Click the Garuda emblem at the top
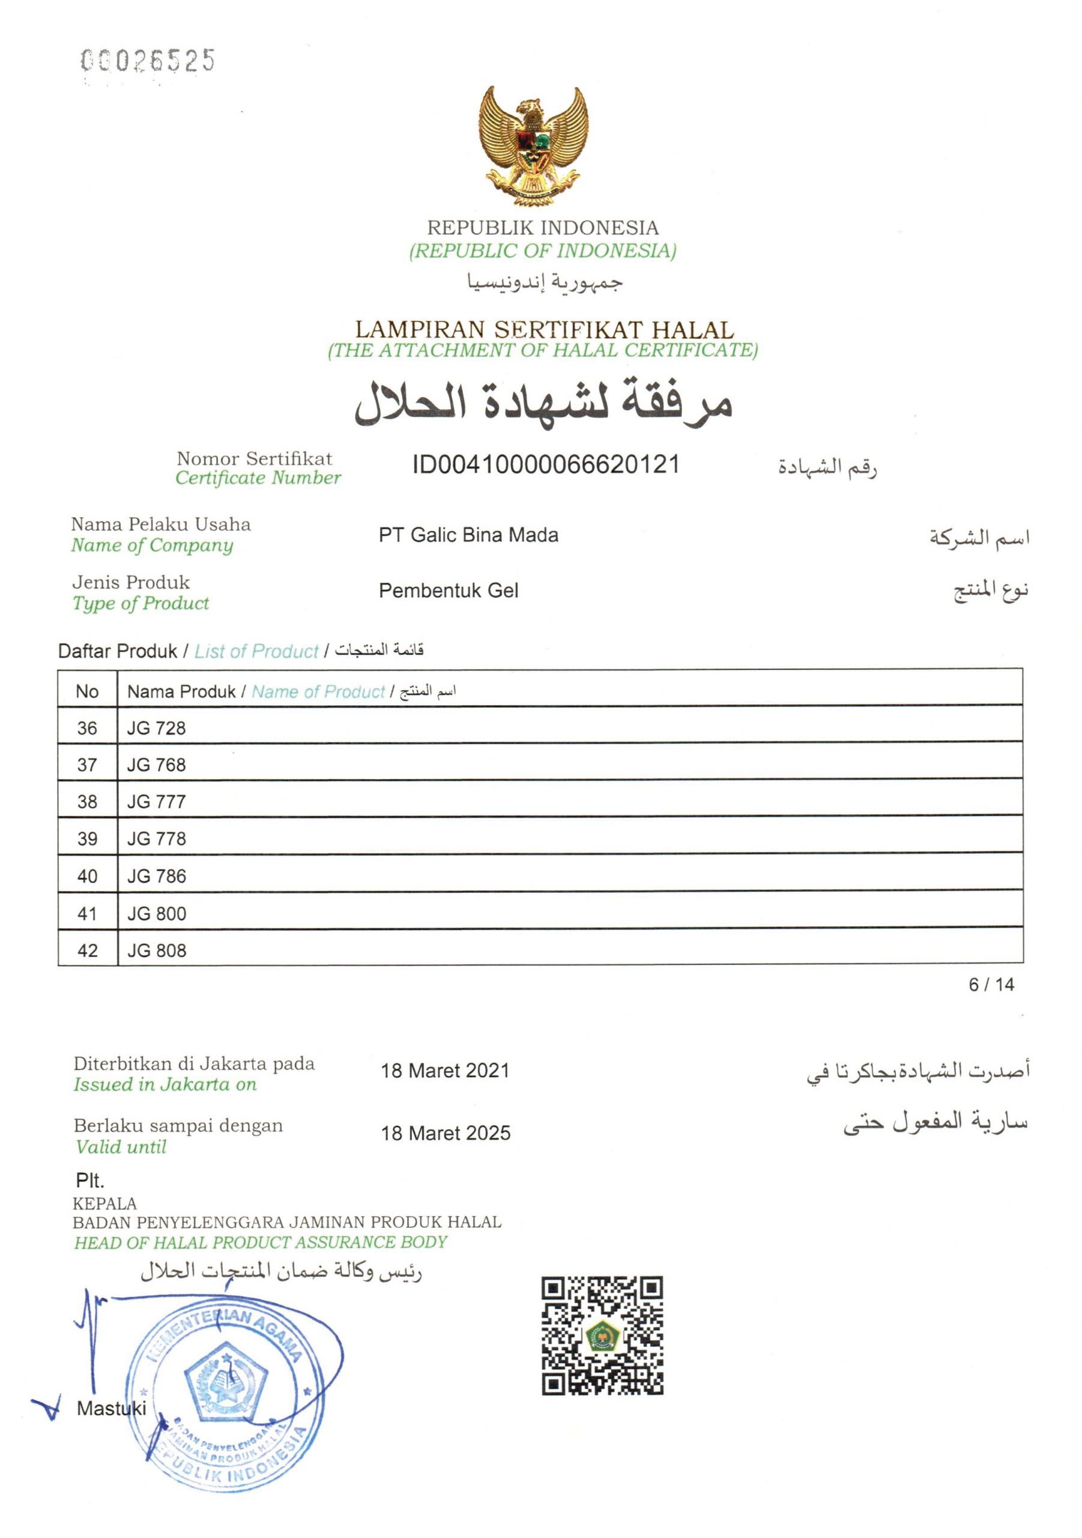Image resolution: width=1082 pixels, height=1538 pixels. click(x=533, y=145)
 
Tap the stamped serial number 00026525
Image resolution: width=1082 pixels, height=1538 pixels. click(x=147, y=61)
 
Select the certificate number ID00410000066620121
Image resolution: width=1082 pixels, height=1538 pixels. click(x=546, y=464)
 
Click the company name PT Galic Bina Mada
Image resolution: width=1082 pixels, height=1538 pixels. click(x=468, y=535)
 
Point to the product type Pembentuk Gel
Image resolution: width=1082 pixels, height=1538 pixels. click(x=449, y=591)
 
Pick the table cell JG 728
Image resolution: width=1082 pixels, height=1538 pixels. click(x=157, y=728)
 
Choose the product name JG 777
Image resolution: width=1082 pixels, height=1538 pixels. click(x=157, y=802)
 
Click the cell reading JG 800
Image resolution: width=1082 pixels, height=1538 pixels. click(x=157, y=914)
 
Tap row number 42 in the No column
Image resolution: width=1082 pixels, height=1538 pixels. click(x=88, y=950)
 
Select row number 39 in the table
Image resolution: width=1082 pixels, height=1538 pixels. click(x=88, y=839)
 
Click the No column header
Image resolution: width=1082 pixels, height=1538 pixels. click(x=87, y=691)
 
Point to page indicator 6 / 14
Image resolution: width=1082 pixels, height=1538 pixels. click(x=991, y=985)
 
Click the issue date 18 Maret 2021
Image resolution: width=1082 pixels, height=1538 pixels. click(x=446, y=1071)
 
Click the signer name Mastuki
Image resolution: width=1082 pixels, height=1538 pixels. click(x=111, y=1409)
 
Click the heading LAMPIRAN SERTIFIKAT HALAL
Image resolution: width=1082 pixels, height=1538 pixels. click(x=543, y=330)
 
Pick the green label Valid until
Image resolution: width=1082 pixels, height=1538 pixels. click(x=121, y=1147)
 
